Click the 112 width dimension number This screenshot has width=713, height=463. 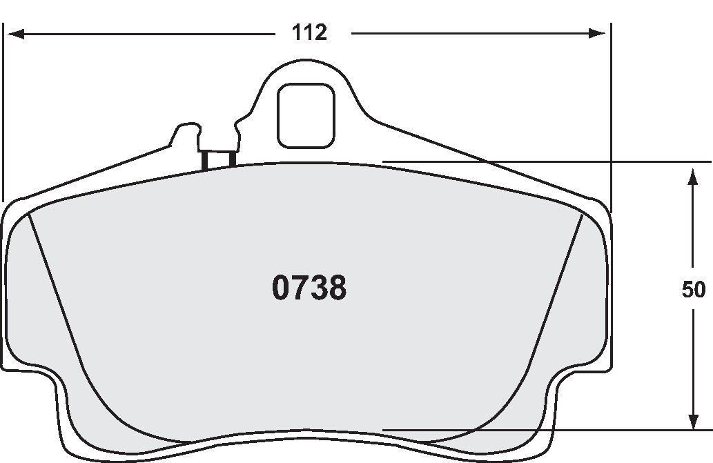point(309,32)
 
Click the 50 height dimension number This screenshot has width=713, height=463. point(693,290)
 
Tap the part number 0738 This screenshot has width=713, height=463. point(309,288)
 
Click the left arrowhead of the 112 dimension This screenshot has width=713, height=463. point(14,33)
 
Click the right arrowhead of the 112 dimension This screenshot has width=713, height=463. point(598,33)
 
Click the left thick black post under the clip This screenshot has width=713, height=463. point(205,160)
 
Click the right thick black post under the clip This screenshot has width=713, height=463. point(232,159)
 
